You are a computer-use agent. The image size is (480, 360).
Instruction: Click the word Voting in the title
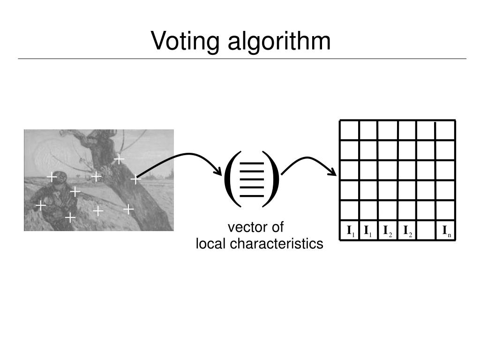click(x=186, y=41)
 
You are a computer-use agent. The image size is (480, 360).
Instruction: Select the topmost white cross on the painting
click(x=120, y=159)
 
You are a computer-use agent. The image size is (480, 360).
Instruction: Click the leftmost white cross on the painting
click(x=41, y=205)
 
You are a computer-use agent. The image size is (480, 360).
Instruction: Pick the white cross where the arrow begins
click(x=135, y=179)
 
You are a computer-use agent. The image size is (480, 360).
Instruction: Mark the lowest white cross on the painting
click(x=70, y=217)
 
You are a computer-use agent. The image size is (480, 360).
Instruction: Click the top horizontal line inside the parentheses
click(x=252, y=164)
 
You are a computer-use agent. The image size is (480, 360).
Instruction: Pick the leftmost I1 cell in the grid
click(x=350, y=231)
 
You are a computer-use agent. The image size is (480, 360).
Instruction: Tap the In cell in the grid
click(x=446, y=231)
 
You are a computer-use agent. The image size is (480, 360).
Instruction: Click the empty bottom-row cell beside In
click(x=426, y=231)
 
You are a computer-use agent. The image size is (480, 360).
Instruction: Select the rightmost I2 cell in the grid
click(x=407, y=231)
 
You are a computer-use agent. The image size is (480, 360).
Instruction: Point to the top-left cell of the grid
click(x=350, y=130)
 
